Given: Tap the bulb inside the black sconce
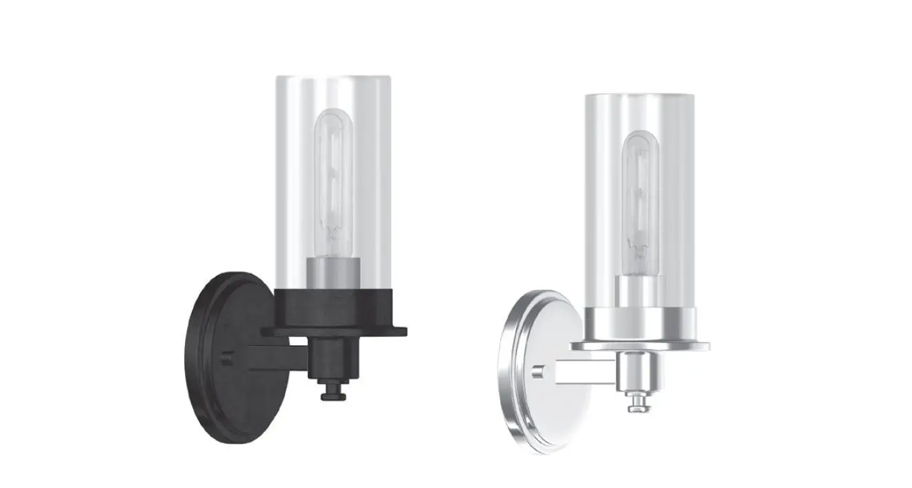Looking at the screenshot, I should coord(334,179).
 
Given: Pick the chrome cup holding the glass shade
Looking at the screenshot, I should coord(640,324).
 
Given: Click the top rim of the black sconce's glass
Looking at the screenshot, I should coord(334,75).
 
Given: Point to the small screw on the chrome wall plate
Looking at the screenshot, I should coord(535,373).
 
